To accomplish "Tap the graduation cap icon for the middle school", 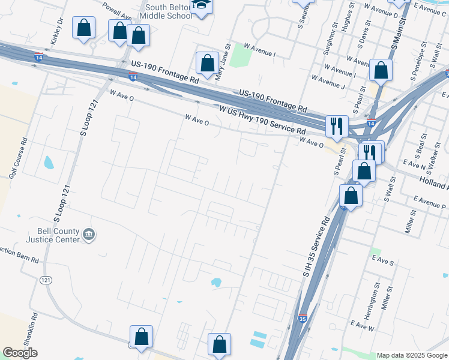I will point(199,6).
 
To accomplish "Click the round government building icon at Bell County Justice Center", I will point(89,234).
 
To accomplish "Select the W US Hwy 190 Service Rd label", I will point(262,121).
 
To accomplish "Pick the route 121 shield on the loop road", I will point(46,280).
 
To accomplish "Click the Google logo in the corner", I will point(20,353).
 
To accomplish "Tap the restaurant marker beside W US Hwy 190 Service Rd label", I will point(335,126).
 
